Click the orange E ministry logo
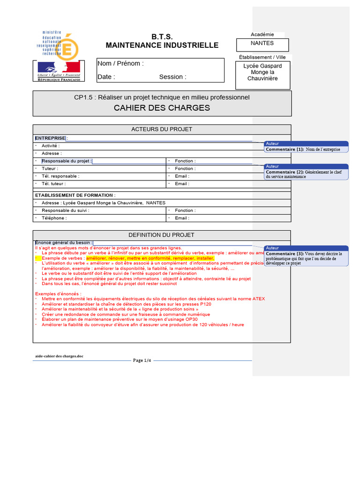[x=69, y=45]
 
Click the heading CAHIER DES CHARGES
[x=162, y=108]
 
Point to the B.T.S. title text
[x=162, y=37]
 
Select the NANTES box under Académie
[x=262, y=45]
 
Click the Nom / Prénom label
[x=120, y=63]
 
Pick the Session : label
[x=172, y=77]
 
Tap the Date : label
[x=106, y=77]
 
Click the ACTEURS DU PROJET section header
[x=162, y=129]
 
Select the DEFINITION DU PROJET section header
[x=162, y=235]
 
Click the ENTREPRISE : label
[x=51, y=138]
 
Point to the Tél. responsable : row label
[x=60, y=176]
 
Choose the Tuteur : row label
[x=50, y=168]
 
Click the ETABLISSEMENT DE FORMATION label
[x=75, y=195]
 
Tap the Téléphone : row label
[x=54, y=218]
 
